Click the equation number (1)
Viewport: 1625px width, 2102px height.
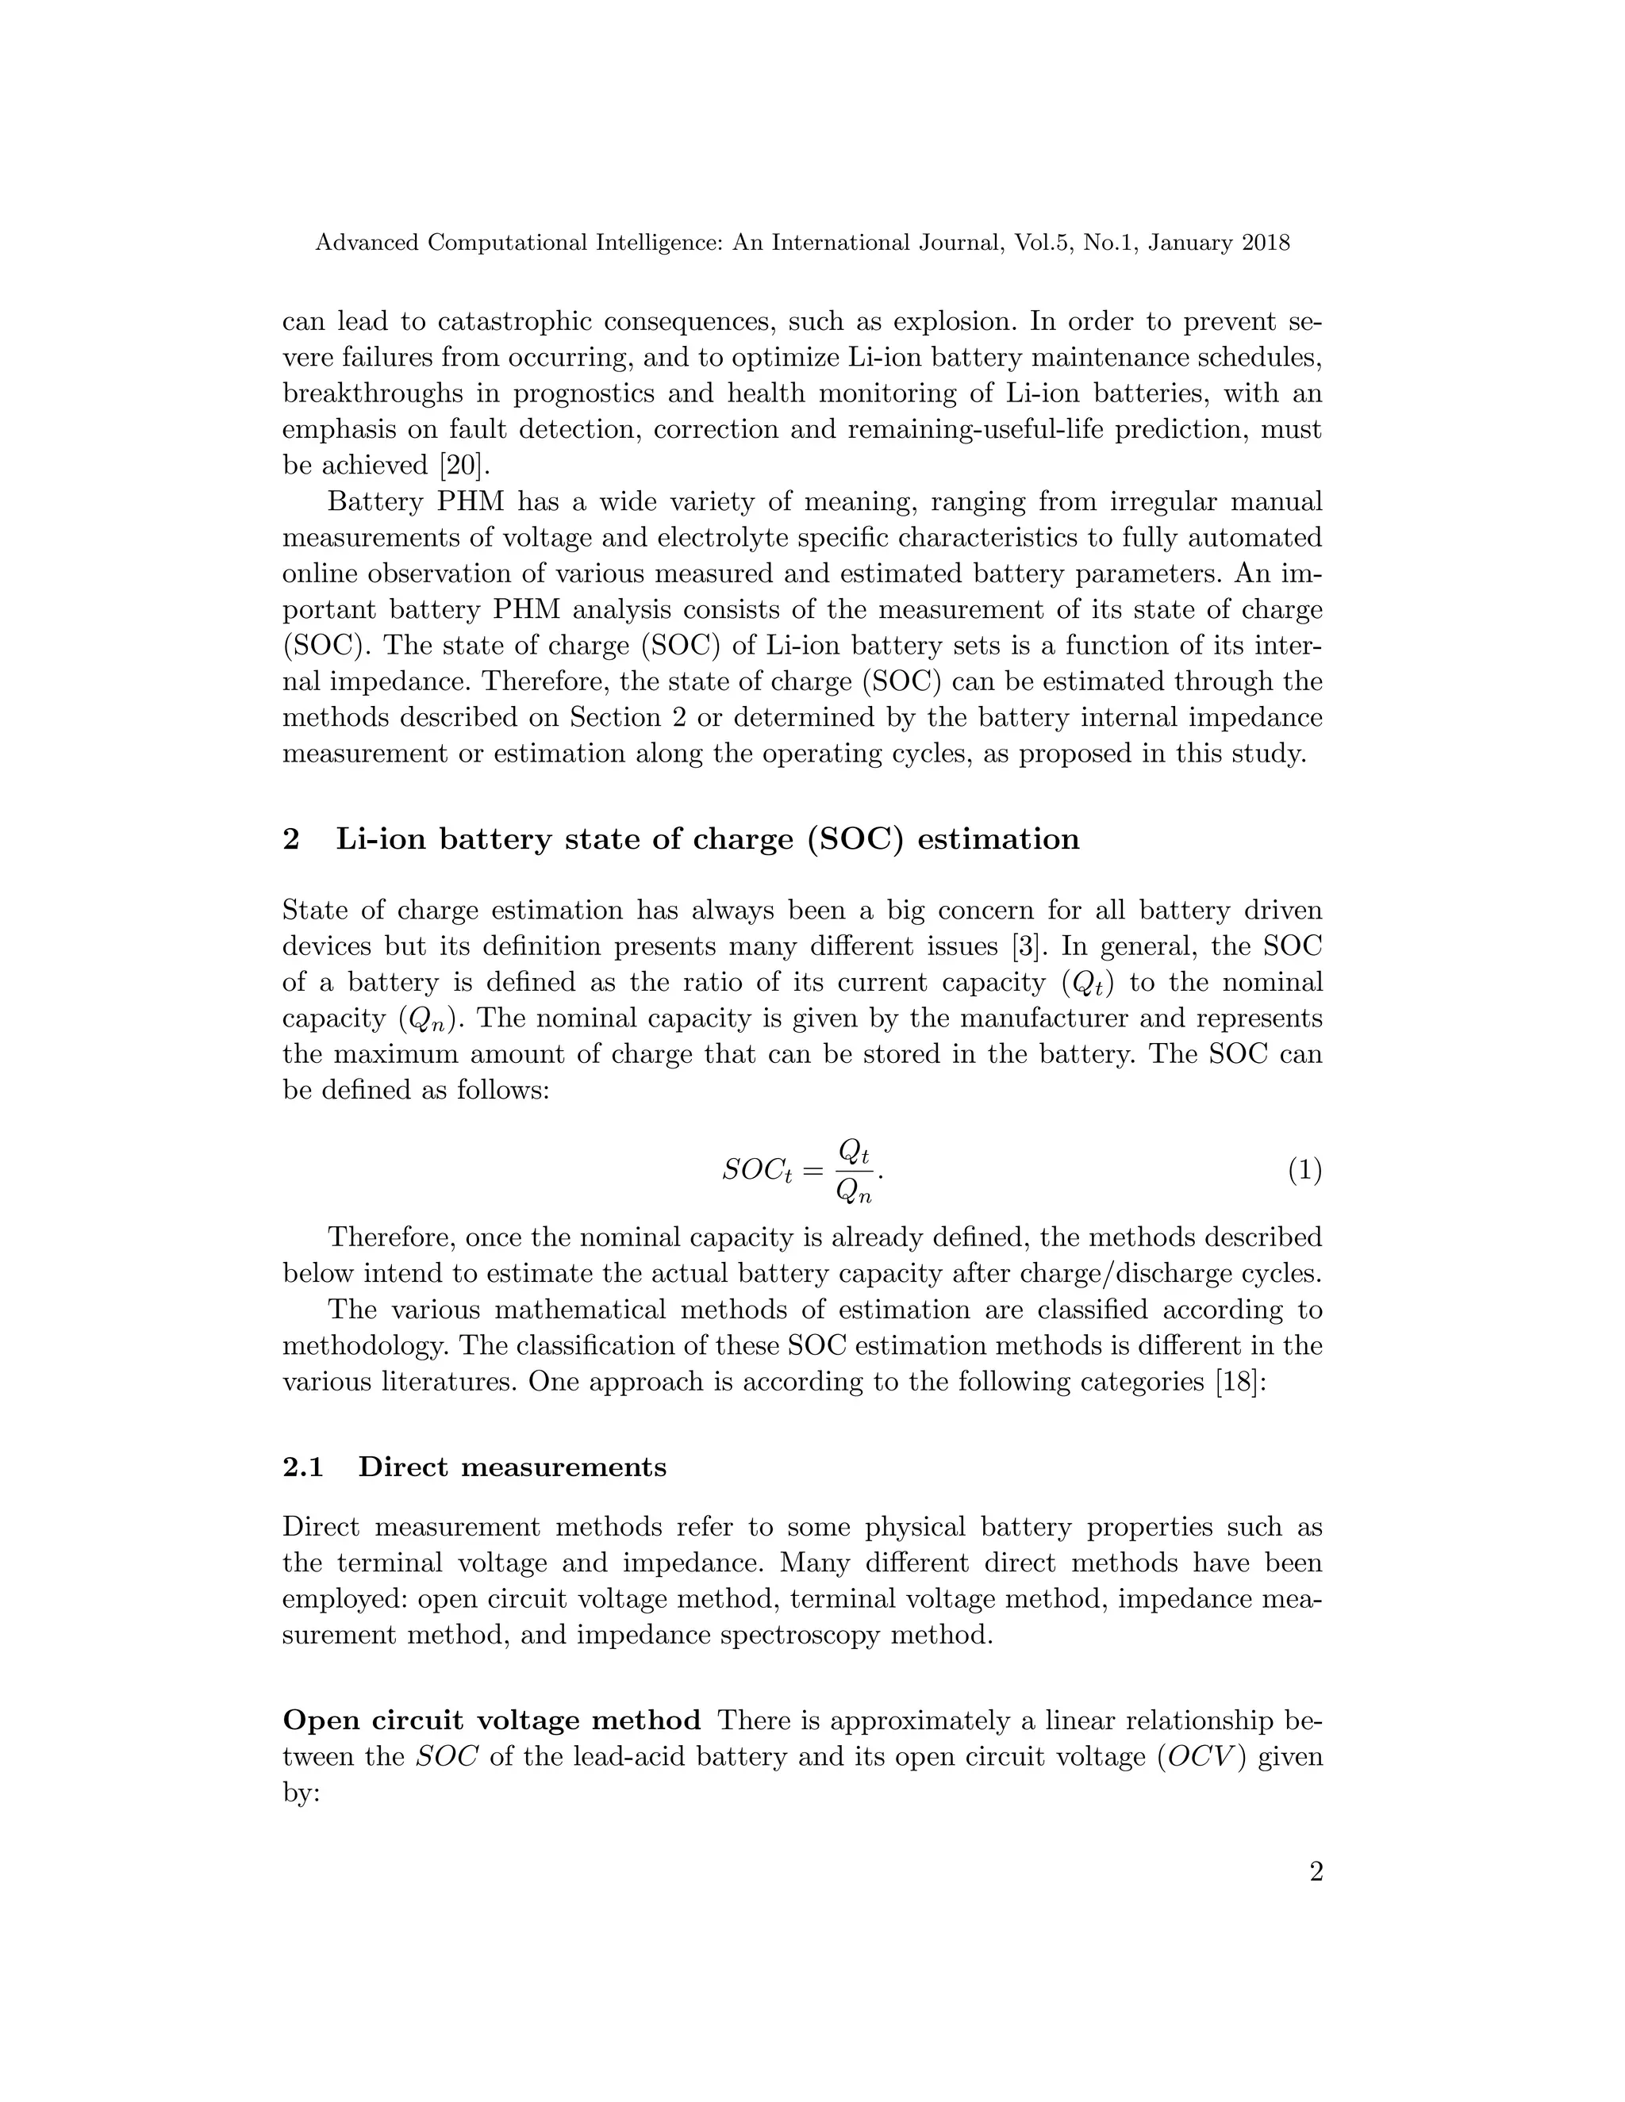click(x=1304, y=1172)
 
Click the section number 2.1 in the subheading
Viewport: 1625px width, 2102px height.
click(x=302, y=1467)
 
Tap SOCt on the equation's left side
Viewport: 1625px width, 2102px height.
click(x=757, y=1172)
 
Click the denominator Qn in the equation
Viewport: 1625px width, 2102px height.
click(x=853, y=1194)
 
